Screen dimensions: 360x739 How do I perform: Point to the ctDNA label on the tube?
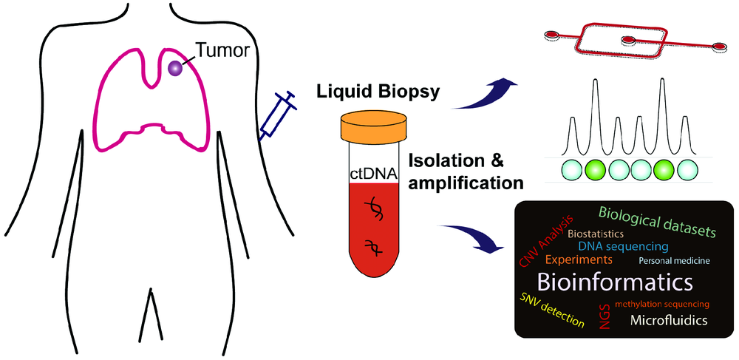pyautogui.click(x=374, y=174)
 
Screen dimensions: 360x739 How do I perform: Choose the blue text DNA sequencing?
pyautogui.click(x=623, y=245)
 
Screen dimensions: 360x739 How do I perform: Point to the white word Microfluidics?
pyautogui.click(x=669, y=320)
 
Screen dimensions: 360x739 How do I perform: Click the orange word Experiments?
pyautogui.click(x=579, y=260)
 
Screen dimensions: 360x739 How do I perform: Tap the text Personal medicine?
pyautogui.click(x=673, y=261)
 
